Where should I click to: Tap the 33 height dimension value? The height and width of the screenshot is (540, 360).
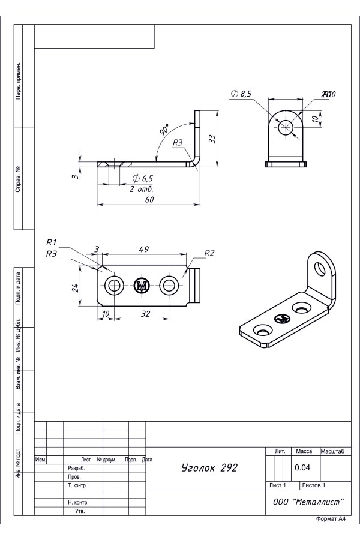212,138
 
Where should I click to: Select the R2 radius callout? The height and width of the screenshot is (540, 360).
209,253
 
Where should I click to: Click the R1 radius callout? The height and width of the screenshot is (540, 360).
52,242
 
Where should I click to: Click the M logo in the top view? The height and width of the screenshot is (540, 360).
142,286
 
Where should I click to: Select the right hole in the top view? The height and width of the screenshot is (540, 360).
170,286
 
